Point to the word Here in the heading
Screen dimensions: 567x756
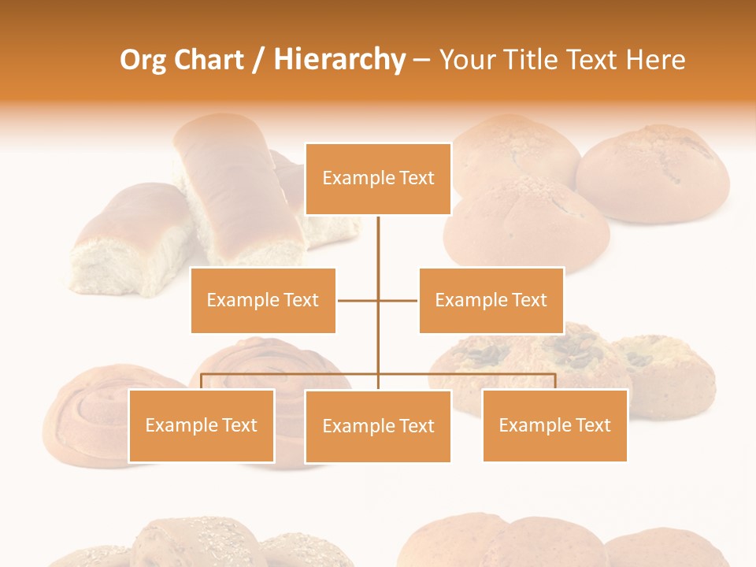[x=655, y=60]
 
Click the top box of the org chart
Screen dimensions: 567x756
[x=378, y=179]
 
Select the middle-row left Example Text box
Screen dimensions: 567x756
[x=263, y=300]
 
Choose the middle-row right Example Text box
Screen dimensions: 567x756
[x=491, y=300]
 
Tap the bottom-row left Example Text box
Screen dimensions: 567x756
[x=201, y=426]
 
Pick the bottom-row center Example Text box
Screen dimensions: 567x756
[x=378, y=426]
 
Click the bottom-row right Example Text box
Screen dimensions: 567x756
[x=554, y=426]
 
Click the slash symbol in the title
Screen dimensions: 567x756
[x=258, y=61]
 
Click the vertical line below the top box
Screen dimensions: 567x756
[x=378, y=252]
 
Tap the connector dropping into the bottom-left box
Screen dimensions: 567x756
[x=202, y=381]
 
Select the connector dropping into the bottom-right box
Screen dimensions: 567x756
[x=554, y=381]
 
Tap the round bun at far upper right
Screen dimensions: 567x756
[x=654, y=173]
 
